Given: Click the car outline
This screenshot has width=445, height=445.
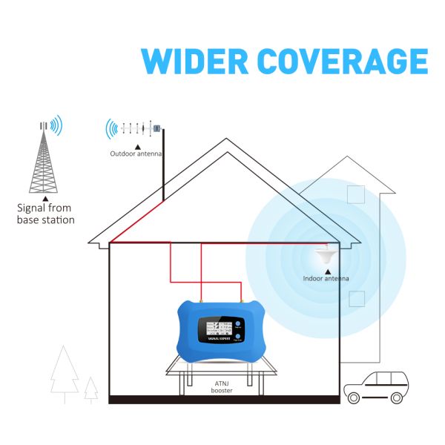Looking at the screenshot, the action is pyautogui.click(x=378, y=386).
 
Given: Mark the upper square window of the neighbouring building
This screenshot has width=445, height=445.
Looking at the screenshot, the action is pyautogui.click(x=357, y=192).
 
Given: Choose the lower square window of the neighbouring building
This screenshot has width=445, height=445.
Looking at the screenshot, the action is pyautogui.click(x=357, y=298).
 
